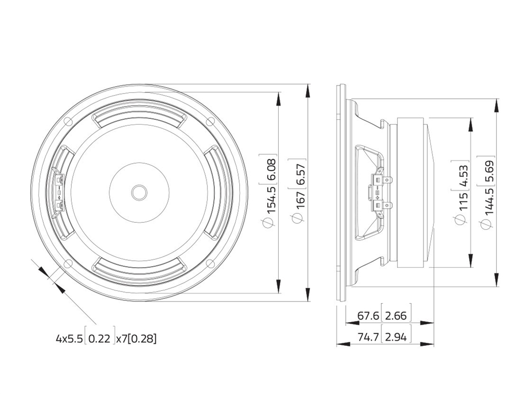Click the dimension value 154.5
[271, 200]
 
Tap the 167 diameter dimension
[300, 201]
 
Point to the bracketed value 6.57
[300, 173]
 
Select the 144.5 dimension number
[489, 202]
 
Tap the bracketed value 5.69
[489, 171]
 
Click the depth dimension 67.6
[368, 316]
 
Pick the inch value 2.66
[396, 316]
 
